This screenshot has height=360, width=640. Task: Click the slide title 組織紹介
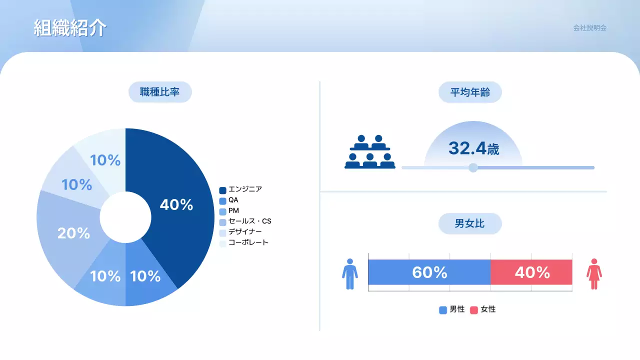click(x=70, y=28)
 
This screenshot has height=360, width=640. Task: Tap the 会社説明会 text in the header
click(x=589, y=28)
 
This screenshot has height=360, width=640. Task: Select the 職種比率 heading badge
click(x=160, y=92)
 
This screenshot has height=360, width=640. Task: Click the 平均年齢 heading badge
click(x=470, y=92)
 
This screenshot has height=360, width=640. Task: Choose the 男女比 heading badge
click(x=470, y=223)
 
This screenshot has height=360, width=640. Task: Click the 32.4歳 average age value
click(x=473, y=148)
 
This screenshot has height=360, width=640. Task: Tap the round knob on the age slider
click(x=473, y=167)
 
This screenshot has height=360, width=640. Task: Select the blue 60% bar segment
click(x=429, y=272)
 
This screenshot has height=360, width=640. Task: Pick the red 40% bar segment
click(x=531, y=272)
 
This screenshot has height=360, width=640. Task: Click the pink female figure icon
click(x=594, y=273)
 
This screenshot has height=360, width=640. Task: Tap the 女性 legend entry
click(x=483, y=309)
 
